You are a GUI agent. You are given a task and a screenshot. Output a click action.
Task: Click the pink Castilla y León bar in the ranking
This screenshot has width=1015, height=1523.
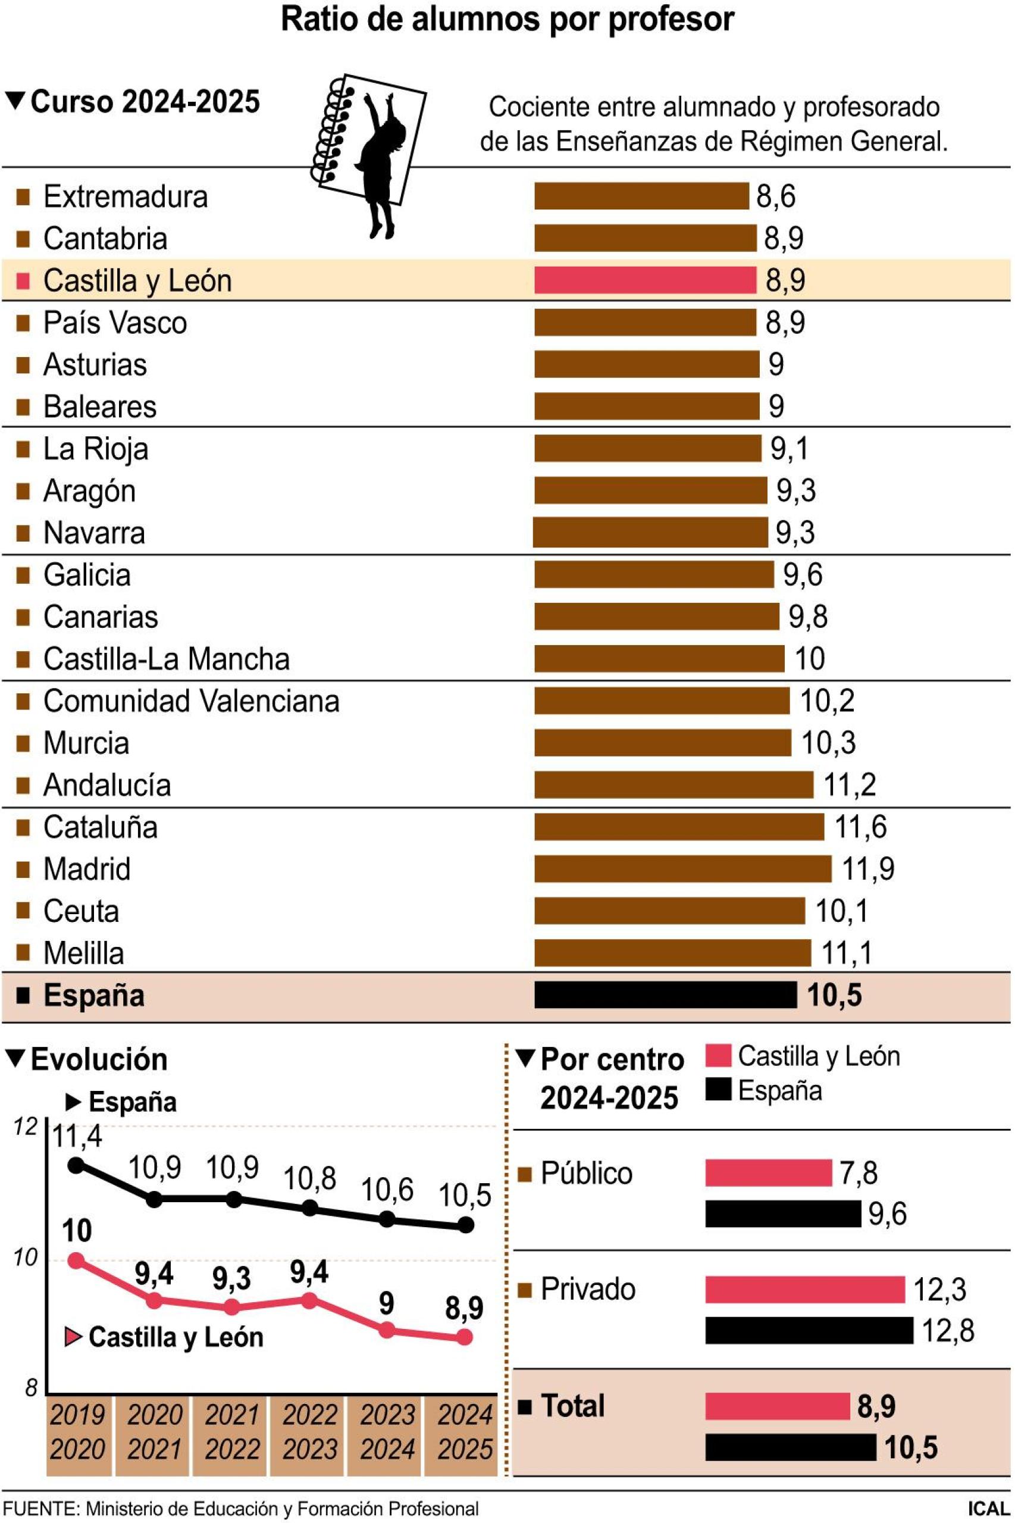pos(645,280)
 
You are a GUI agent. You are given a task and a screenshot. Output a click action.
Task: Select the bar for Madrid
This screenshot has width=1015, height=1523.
pos(682,868)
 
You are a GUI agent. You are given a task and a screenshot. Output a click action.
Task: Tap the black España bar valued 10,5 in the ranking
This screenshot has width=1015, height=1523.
pos(665,995)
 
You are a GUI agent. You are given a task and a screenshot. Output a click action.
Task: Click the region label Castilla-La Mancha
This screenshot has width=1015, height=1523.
pos(166,659)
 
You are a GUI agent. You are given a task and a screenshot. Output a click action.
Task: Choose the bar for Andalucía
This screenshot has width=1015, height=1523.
pos(673,785)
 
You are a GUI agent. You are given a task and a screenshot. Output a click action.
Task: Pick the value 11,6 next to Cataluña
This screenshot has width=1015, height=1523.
pos(860,827)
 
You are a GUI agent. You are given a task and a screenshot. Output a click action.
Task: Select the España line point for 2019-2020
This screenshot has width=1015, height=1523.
pos(76,1165)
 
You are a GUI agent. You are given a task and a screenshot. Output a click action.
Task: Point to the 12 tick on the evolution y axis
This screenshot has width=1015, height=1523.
pos(27,1127)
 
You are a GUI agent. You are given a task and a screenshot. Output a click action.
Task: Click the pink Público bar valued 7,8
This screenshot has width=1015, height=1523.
pos(767,1172)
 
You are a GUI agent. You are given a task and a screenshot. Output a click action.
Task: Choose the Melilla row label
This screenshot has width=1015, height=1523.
pos(83,953)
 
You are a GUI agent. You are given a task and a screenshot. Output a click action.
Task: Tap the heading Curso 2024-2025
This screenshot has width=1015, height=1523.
pos(145,102)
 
